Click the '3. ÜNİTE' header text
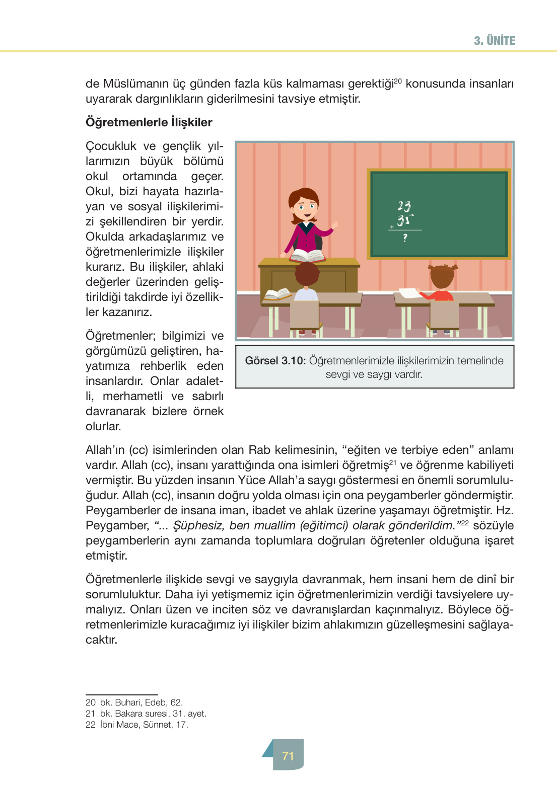coord(494,41)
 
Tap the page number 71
coord(288,756)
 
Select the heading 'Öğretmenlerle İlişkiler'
coord(149,122)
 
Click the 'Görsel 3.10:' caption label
coord(275,361)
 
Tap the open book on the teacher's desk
coord(307,256)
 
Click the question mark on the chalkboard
coord(405,238)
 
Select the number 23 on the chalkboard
coord(404,206)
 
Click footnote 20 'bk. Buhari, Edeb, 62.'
coord(134,702)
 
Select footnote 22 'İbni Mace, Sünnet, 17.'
coord(137,725)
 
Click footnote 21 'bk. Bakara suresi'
coord(146,714)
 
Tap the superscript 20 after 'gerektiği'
coord(397,81)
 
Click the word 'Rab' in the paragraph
coord(259,450)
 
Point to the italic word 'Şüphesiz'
coord(198,525)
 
